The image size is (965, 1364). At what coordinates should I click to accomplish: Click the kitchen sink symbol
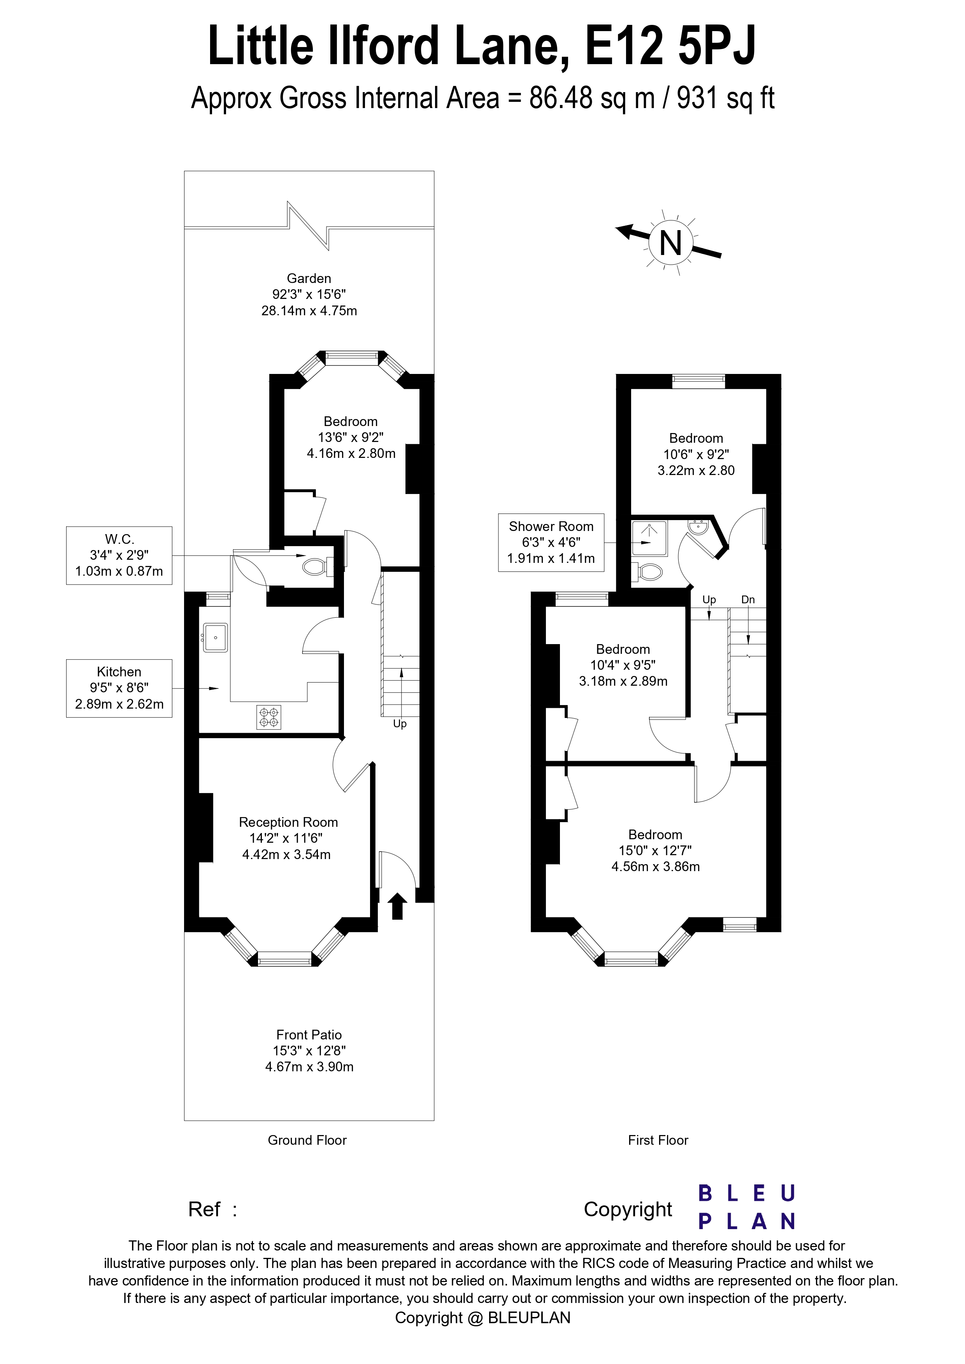pyautogui.click(x=215, y=637)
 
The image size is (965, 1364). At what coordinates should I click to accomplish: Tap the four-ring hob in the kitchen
pyautogui.click(x=269, y=717)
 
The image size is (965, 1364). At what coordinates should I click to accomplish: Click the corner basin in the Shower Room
pyautogui.click(x=697, y=527)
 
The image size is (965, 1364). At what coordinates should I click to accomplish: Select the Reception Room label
pyautogui.click(x=288, y=822)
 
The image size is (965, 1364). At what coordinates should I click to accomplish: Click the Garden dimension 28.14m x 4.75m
pyautogui.click(x=309, y=311)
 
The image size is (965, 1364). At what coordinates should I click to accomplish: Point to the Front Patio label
pyautogui.click(x=309, y=1035)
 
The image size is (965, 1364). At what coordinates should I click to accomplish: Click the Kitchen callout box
pyautogui.click(x=119, y=688)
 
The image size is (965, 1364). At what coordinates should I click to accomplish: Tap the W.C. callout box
pyautogui.click(x=119, y=555)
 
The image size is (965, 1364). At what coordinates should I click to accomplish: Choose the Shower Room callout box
pyautogui.click(x=551, y=542)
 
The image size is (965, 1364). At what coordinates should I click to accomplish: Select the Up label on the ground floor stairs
pyautogui.click(x=400, y=723)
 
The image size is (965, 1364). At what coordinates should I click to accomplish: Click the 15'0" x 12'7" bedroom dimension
pyautogui.click(x=655, y=851)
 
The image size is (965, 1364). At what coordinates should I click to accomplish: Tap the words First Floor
pyautogui.click(x=658, y=1140)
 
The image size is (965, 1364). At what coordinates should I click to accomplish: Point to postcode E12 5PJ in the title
pyautogui.click(x=671, y=47)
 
